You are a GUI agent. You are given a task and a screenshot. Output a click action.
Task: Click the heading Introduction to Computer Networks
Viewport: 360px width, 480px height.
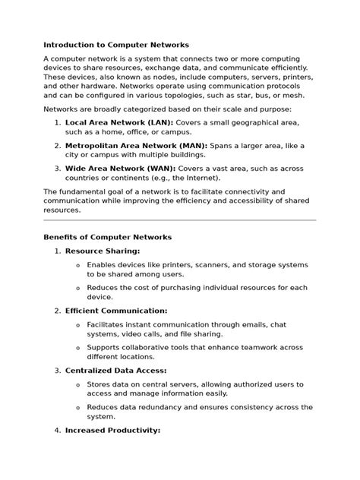116,45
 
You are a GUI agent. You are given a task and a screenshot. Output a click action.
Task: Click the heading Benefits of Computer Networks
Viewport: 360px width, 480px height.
108,238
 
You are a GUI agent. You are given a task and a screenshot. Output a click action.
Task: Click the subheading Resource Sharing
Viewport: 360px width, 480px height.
103,251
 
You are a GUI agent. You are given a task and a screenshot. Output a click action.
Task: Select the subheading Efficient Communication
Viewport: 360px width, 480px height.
116,311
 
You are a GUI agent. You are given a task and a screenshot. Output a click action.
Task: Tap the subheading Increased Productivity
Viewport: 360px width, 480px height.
112,431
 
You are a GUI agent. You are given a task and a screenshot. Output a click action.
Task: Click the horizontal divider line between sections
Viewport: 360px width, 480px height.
179,220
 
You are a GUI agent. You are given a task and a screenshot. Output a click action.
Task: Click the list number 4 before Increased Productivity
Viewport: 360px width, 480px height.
58,431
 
